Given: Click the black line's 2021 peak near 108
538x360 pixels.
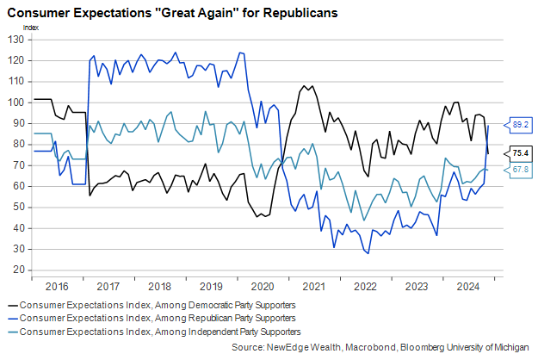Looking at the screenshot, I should (x=306, y=85).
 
